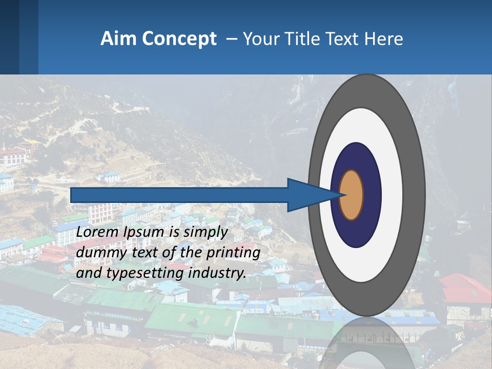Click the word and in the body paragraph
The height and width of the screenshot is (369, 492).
(87, 273)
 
